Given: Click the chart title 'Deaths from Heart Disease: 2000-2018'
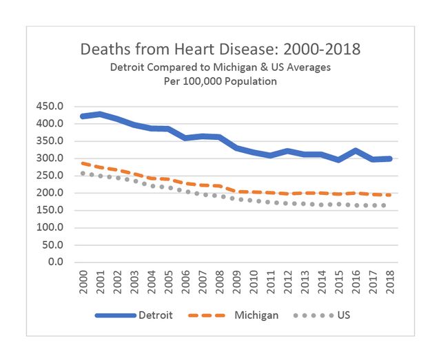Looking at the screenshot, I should [x=220, y=50].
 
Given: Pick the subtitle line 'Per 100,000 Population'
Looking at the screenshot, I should [x=220, y=81].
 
